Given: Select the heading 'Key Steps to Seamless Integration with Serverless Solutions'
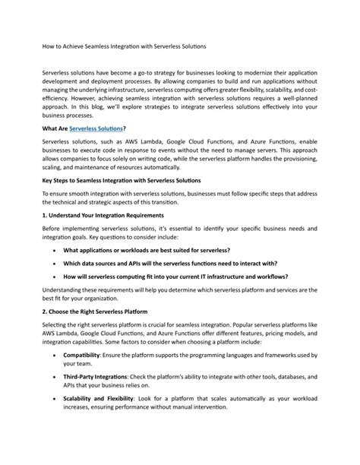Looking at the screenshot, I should [122, 182].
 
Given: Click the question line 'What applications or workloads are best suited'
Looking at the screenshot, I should [147, 250].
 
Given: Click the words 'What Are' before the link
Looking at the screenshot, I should [55, 130].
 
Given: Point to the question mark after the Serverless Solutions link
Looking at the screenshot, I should [125, 130].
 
